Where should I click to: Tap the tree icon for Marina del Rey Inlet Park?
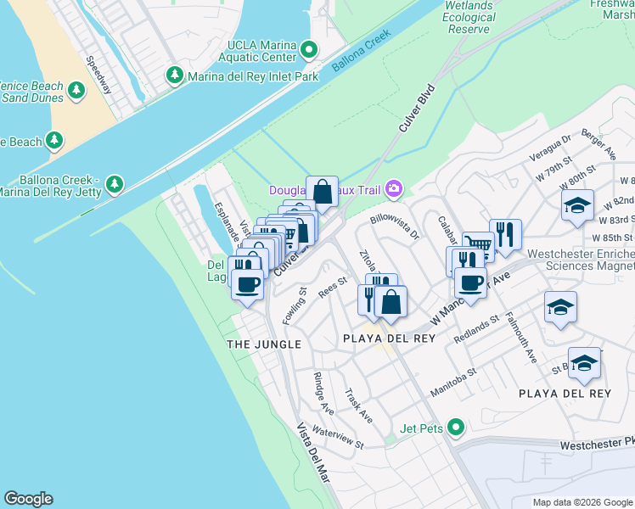[x=175, y=76]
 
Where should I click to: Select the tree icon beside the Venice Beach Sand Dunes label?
[x=76, y=90]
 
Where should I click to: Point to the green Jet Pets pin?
[x=457, y=428]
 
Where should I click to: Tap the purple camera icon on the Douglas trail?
[x=394, y=188]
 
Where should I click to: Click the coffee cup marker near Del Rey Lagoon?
[x=247, y=284]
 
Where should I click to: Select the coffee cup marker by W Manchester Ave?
[x=469, y=281]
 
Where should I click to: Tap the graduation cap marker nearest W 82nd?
[x=577, y=205]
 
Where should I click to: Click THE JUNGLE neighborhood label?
[x=264, y=344]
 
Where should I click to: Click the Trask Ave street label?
[x=358, y=406]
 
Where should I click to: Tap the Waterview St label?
[x=337, y=438]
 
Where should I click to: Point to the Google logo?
[x=28, y=499]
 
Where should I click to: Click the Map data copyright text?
[x=582, y=502]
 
